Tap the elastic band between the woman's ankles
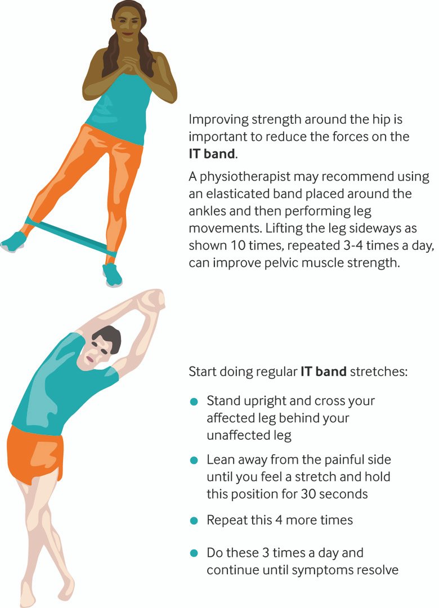(70, 236)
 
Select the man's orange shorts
(35, 454)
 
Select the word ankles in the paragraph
(208, 211)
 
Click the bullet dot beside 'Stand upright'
(194, 402)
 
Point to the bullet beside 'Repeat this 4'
(194, 521)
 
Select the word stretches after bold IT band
(379, 372)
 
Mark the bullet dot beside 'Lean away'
(194, 461)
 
